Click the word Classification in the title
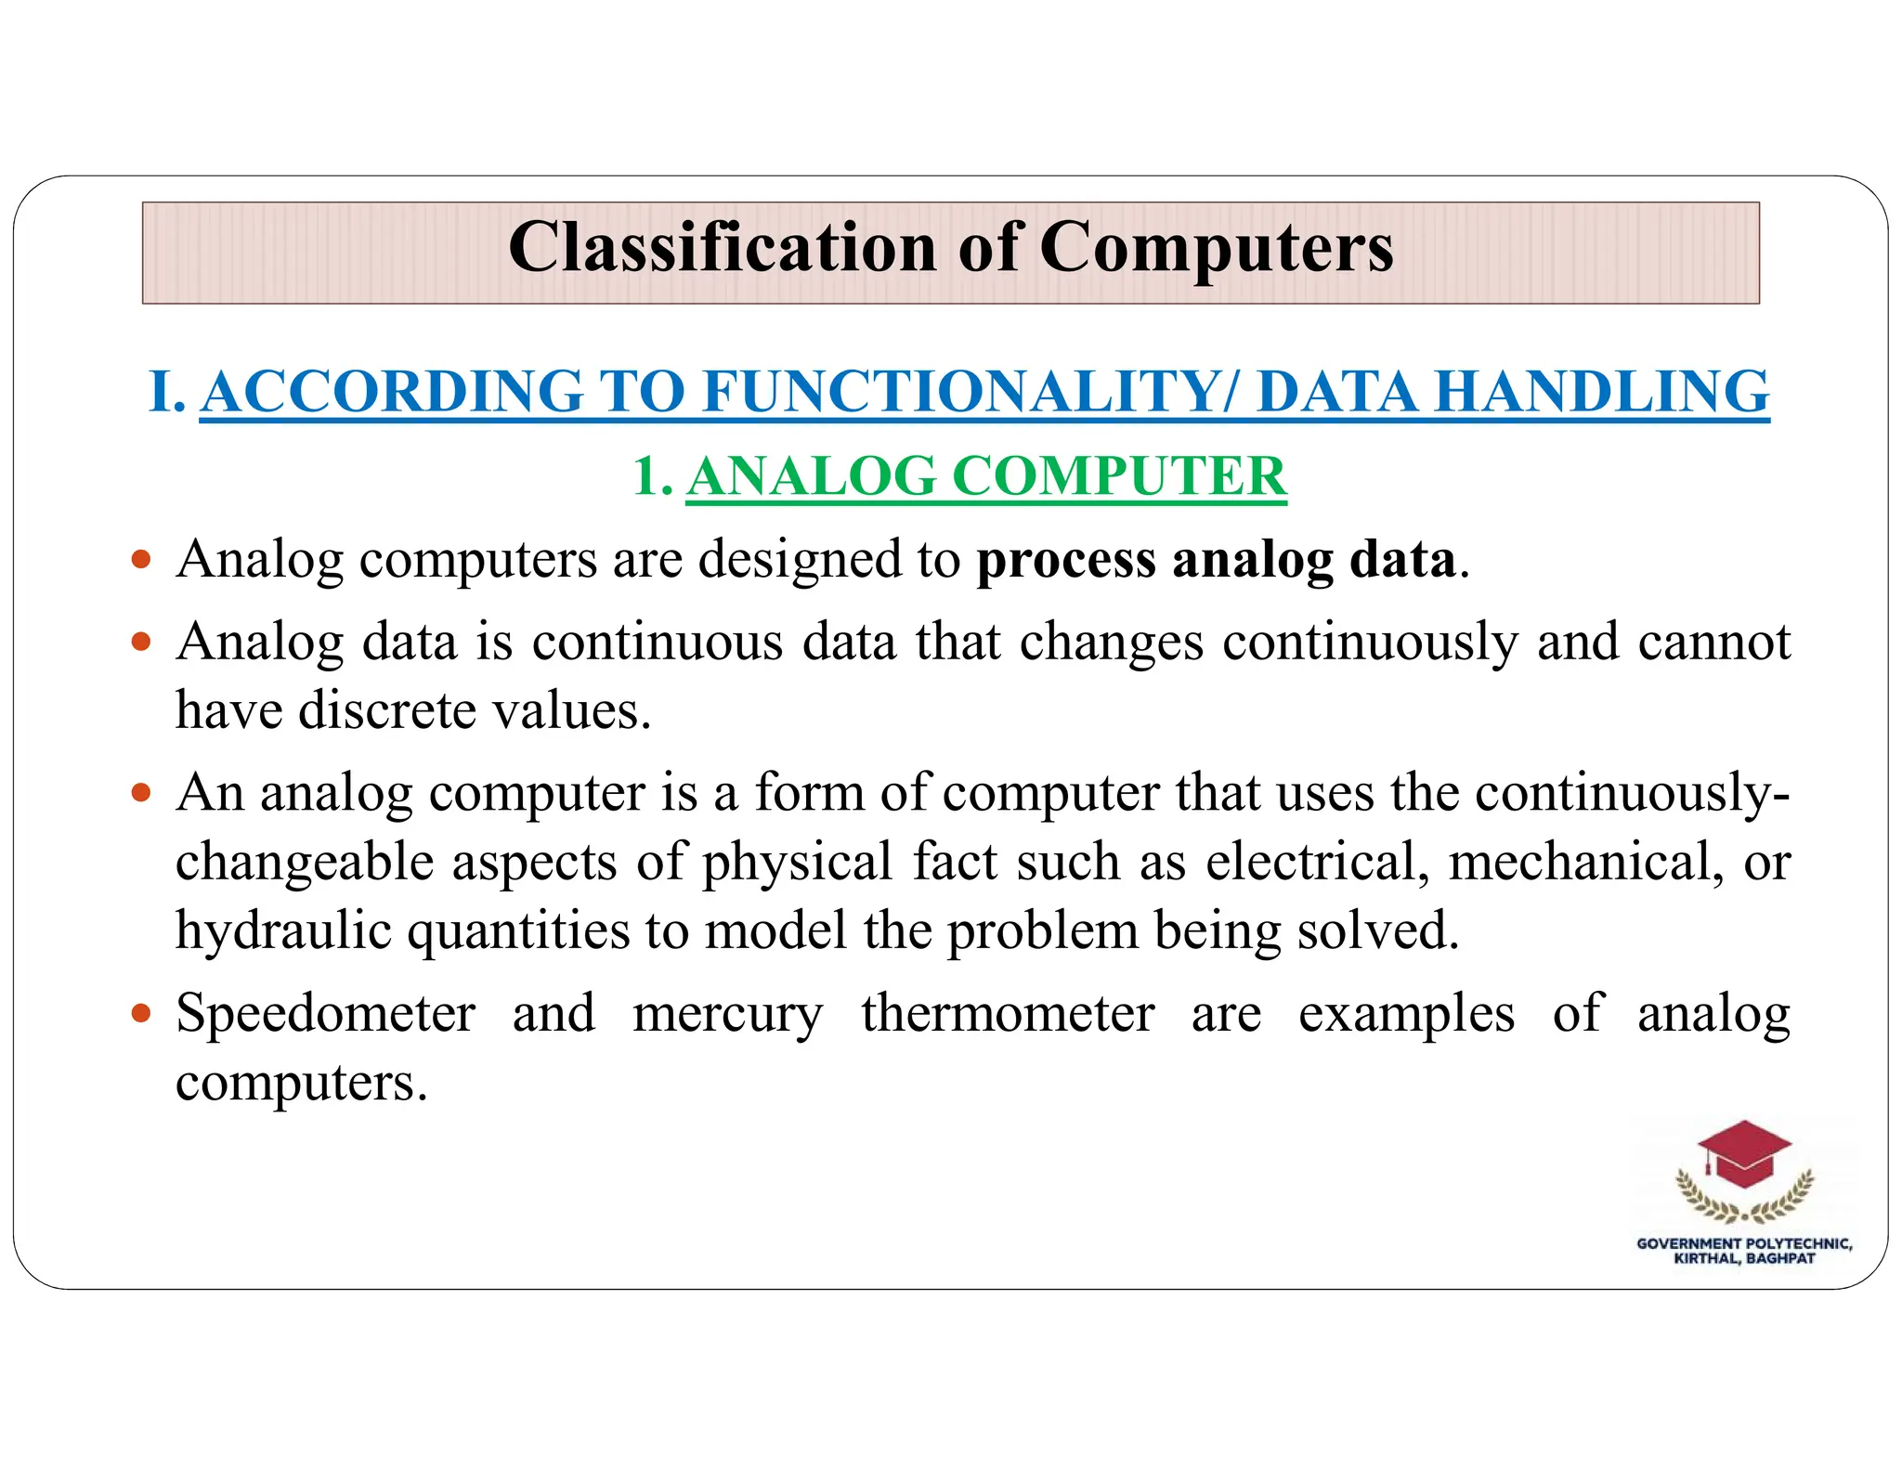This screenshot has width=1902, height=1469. pyautogui.click(x=723, y=248)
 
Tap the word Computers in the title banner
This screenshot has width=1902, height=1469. pyautogui.click(x=1216, y=248)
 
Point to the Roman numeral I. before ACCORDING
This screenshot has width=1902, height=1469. pyautogui.click(x=168, y=391)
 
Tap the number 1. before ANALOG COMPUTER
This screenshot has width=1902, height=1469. pyautogui.click(x=652, y=476)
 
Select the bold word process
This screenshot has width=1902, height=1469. pyautogui.click(x=1066, y=560)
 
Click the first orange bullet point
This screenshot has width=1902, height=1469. pyautogui.click(x=141, y=560)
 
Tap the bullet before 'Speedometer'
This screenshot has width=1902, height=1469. pyautogui.click(x=141, y=1012)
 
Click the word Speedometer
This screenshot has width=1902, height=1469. pyautogui.click(x=326, y=1012)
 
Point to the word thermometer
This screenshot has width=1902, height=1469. pyautogui.click(x=1008, y=1012)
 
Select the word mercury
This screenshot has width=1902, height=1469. pyautogui.click(x=727, y=1014)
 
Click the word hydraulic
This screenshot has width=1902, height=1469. pyautogui.click(x=283, y=930)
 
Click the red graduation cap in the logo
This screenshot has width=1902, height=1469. pyautogui.click(x=1744, y=1154)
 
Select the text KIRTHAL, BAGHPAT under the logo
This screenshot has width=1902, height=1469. pyautogui.click(x=1744, y=1259)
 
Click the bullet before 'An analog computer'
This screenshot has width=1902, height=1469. pyautogui.click(x=141, y=793)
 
